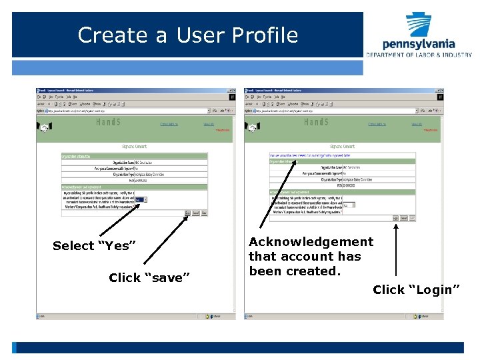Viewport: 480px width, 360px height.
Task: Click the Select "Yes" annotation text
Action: coord(94,246)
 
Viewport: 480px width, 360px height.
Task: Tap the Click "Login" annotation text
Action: coord(416,289)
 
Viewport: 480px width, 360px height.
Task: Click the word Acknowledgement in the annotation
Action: coord(311,242)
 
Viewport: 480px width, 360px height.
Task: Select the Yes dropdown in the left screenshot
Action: coord(141,199)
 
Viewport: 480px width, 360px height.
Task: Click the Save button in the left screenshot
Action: coord(188,213)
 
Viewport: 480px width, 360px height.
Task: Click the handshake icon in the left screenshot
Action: coord(45,127)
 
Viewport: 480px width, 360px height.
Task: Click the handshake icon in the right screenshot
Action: coord(253,127)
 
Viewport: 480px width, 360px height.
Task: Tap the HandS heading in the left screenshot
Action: coord(108,122)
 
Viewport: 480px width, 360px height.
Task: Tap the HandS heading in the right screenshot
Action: coord(316,122)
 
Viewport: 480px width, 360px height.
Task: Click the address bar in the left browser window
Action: coord(127,111)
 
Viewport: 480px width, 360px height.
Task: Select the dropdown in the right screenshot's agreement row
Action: coord(349,205)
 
